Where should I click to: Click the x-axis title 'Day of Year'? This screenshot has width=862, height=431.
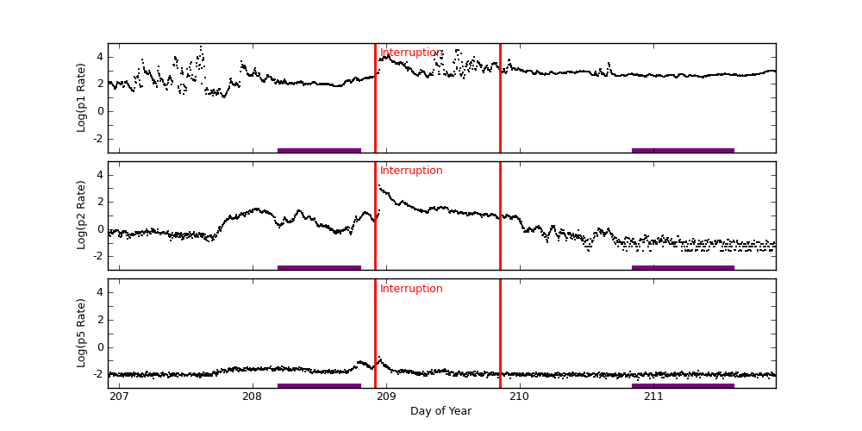tap(440, 411)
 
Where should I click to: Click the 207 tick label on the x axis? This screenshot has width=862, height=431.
tap(119, 397)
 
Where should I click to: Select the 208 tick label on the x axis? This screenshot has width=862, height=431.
tap(253, 397)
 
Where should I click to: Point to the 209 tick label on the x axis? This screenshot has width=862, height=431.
tap(386, 397)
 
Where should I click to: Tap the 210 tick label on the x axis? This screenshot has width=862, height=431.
tap(520, 397)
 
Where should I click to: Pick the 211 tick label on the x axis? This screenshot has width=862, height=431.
tap(653, 397)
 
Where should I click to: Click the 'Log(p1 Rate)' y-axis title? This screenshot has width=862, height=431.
tap(82, 97)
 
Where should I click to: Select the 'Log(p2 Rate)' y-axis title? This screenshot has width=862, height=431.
tap(82, 215)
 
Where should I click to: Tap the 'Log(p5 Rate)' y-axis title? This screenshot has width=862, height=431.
tap(82, 333)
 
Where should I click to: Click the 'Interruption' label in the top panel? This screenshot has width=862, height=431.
tap(411, 53)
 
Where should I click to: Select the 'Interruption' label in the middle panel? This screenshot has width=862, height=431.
tap(411, 171)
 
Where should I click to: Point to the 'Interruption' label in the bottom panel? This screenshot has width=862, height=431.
tap(411, 289)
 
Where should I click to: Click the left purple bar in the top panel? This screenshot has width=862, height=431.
tap(319, 150)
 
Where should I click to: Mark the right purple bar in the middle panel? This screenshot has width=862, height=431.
tap(683, 267)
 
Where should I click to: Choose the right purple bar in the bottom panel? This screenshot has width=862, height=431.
tap(683, 385)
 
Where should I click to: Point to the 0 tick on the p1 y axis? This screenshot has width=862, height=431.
tap(100, 111)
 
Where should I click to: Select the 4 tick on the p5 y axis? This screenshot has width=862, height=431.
tap(100, 292)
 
